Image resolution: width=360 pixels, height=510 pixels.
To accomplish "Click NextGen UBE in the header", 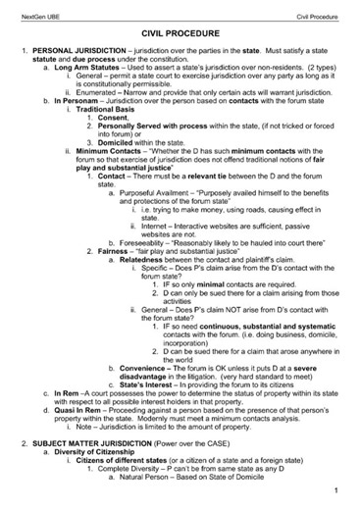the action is tap(37, 13).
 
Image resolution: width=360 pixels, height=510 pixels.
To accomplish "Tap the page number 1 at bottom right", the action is tap(335, 489).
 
